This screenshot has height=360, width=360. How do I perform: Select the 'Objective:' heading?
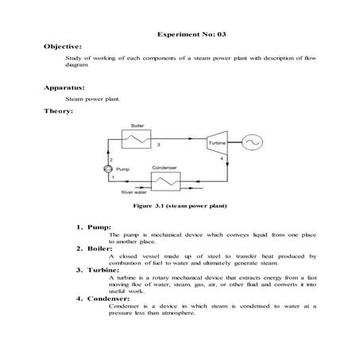pyautogui.click(x=64, y=48)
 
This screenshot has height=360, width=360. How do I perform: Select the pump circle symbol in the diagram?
pyautogui.click(x=110, y=168)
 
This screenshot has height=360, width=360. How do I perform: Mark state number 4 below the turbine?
pyautogui.click(x=222, y=159)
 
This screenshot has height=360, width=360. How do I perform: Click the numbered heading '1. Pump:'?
pyautogui.click(x=94, y=227)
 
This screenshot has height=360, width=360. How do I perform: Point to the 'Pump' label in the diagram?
pyautogui.click(x=123, y=169)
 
